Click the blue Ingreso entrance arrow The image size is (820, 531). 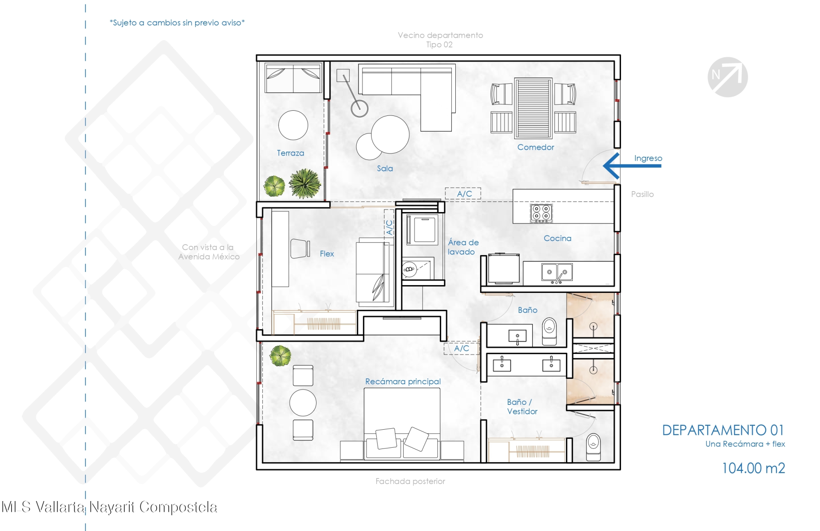coord(632,165)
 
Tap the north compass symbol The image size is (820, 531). coord(727,77)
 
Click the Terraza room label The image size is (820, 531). coord(290,153)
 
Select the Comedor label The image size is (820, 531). coord(536,147)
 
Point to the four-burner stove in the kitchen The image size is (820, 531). coord(541,213)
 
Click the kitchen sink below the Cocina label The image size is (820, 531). coord(557,272)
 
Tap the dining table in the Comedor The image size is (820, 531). coord(533,108)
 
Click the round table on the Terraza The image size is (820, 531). coord(293,125)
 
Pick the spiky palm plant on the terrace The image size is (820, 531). coord(305,183)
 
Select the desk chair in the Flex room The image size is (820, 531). coord(300,248)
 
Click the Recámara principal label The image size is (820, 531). coord(403,381)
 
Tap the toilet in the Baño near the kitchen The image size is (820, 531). coord(549,331)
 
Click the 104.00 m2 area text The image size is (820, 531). coord(753,468)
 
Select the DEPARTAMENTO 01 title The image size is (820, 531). coord(723,430)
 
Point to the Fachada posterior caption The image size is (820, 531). coord(410,481)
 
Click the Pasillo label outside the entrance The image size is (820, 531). coord(642,194)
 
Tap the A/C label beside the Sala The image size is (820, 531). coord(464,194)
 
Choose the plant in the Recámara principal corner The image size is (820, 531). coord(280,356)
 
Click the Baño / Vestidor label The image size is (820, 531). coord(522,407)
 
